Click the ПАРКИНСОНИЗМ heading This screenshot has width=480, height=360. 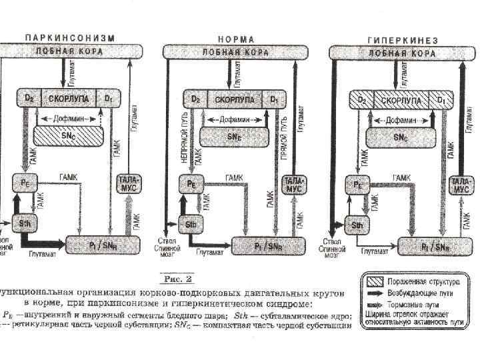[70, 39]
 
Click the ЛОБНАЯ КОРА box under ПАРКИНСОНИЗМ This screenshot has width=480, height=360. [70, 51]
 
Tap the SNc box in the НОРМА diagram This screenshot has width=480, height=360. [233, 136]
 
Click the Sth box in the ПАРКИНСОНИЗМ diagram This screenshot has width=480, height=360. [25, 224]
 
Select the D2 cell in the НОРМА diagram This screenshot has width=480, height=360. [195, 99]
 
